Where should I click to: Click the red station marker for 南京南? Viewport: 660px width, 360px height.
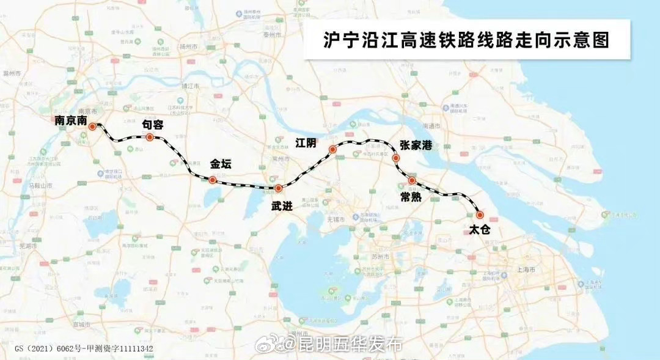(x=92, y=127)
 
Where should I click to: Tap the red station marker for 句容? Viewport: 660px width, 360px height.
(x=150, y=138)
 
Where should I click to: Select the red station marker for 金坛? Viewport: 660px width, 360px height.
(x=212, y=180)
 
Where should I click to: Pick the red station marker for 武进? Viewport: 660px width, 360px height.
(x=278, y=188)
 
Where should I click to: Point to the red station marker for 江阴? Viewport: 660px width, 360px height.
(x=333, y=150)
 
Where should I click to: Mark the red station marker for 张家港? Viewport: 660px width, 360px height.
(x=396, y=158)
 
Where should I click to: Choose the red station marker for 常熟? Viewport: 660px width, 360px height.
(x=413, y=181)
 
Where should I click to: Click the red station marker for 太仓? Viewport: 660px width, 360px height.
(x=480, y=215)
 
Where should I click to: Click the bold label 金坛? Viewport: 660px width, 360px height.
(x=221, y=164)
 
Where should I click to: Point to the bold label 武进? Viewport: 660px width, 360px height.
(x=282, y=206)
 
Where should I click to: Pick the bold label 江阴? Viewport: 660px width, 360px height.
(x=306, y=143)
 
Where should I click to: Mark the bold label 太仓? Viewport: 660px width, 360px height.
(x=480, y=230)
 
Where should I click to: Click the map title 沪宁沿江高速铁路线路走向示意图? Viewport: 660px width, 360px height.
(x=467, y=40)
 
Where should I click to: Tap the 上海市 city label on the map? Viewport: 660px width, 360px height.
(x=526, y=269)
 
